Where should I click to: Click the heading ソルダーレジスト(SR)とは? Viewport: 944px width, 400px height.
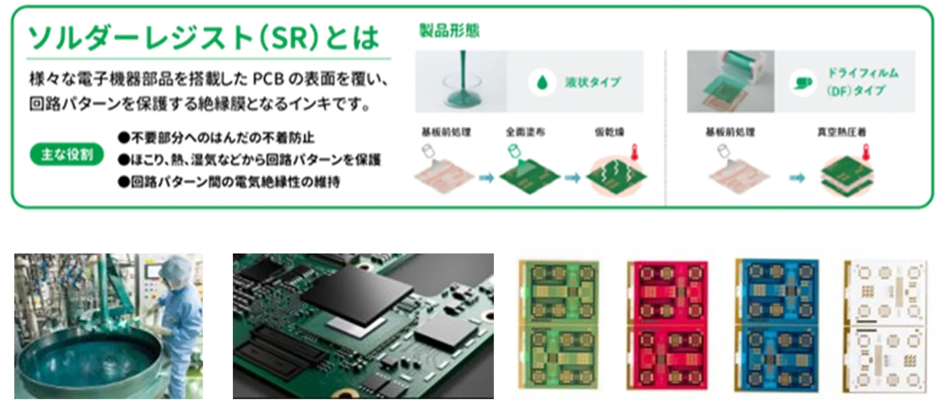point(203,38)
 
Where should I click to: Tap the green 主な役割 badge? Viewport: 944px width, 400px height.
point(67,155)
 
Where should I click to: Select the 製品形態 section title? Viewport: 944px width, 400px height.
point(449,30)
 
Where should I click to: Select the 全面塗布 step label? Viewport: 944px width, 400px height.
point(525,132)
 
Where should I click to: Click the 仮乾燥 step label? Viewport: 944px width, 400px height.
point(609,132)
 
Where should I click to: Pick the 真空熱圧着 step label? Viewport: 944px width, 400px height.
point(841,132)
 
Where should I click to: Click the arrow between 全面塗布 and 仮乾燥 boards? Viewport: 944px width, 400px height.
point(572,178)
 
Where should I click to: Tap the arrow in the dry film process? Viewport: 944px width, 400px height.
point(797,178)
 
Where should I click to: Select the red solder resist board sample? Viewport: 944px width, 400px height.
point(667,325)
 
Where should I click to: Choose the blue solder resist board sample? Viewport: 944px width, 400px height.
point(777,325)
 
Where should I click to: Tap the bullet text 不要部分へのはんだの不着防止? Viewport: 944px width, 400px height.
point(223,138)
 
